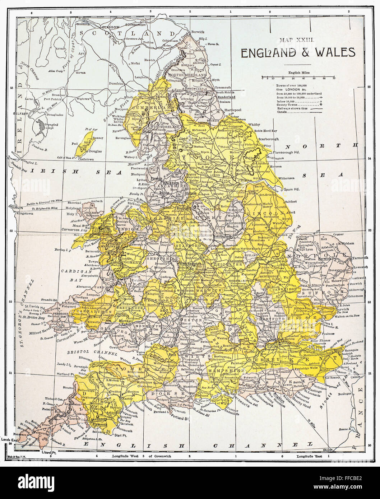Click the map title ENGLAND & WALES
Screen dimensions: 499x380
pos(298,52)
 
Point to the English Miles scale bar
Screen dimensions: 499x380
pos(298,78)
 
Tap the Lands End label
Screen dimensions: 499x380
pos(9,440)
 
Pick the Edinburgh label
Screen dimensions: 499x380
pos(136,25)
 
